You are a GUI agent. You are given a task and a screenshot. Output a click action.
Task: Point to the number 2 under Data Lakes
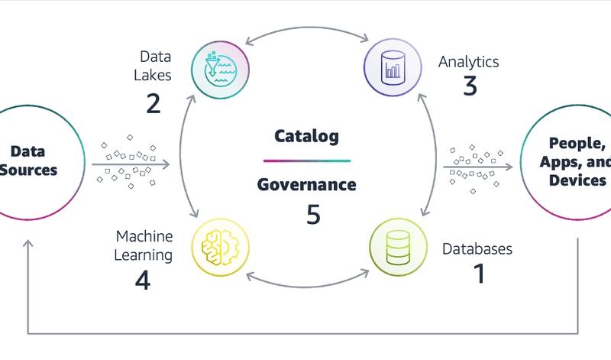(153, 102)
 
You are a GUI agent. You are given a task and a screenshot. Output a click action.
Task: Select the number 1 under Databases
(479, 273)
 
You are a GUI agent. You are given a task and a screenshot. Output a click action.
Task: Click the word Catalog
(306, 137)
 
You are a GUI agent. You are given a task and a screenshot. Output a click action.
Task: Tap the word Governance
(306, 184)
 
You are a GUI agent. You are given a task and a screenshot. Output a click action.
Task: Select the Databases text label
(477, 248)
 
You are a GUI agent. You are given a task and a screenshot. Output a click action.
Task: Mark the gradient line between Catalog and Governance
(306, 161)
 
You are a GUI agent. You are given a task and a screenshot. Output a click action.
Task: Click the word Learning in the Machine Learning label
(144, 255)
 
